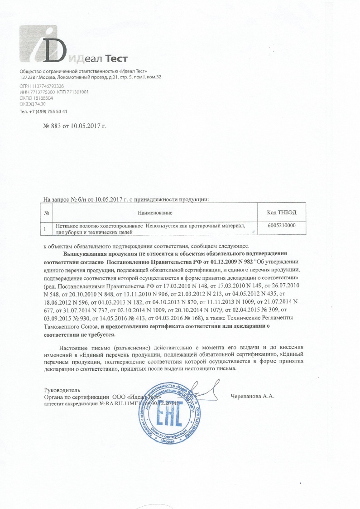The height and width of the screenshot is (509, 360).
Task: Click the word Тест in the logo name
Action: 117,58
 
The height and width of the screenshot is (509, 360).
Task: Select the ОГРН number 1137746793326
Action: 48,86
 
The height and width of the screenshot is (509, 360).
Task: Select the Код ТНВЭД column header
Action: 283,213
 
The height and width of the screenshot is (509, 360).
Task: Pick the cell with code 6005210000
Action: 283,225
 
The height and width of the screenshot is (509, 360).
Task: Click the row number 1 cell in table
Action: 47,229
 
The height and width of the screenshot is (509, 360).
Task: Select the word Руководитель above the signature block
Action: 62,390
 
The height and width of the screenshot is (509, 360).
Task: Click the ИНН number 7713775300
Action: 42,92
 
